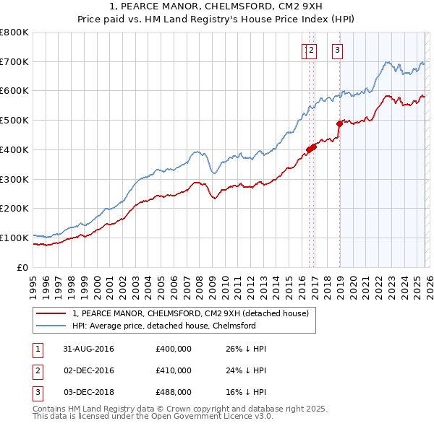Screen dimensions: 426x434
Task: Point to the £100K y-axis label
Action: point(14,238)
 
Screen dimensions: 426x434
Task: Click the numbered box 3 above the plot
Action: point(338,50)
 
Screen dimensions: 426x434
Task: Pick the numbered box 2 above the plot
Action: point(311,50)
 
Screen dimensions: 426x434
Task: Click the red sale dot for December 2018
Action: point(339,123)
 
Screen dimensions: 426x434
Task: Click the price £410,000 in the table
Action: point(173,370)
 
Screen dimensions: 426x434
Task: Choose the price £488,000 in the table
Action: point(173,392)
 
